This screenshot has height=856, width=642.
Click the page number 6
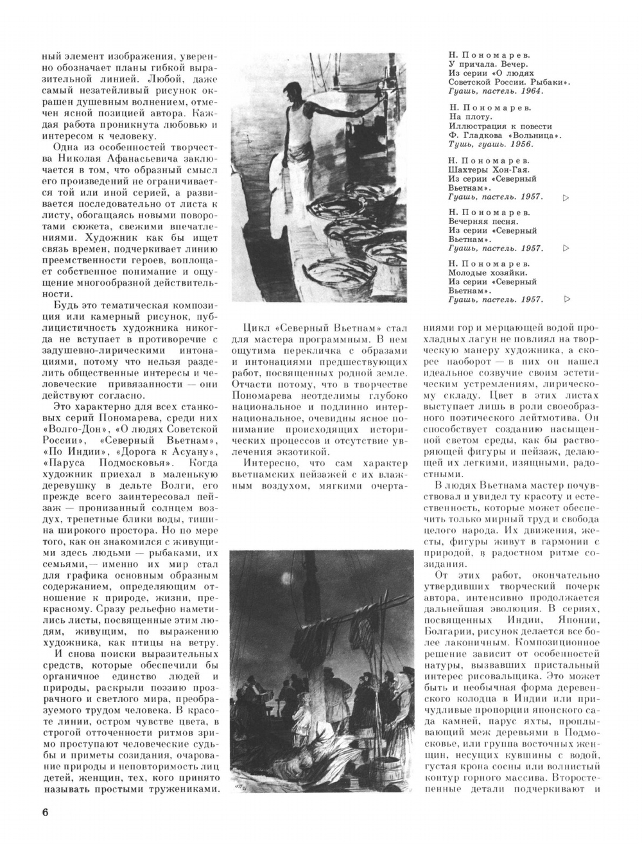pyautogui.click(x=45, y=812)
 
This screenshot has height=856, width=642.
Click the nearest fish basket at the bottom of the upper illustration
pyautogui.click(x=340, y=278)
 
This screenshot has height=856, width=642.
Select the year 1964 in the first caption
pyautogui.click(x=535, y=92)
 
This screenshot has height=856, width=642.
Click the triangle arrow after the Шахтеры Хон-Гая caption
pyautogui.click(x=566, y=197)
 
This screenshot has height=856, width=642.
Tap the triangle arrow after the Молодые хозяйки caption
pyautogui.click(x=566, y=299)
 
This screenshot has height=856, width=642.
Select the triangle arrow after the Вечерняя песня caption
pyautogui.click(x=566, y=248)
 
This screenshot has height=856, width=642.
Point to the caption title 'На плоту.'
pyautogui.click(x=471, y=117)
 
